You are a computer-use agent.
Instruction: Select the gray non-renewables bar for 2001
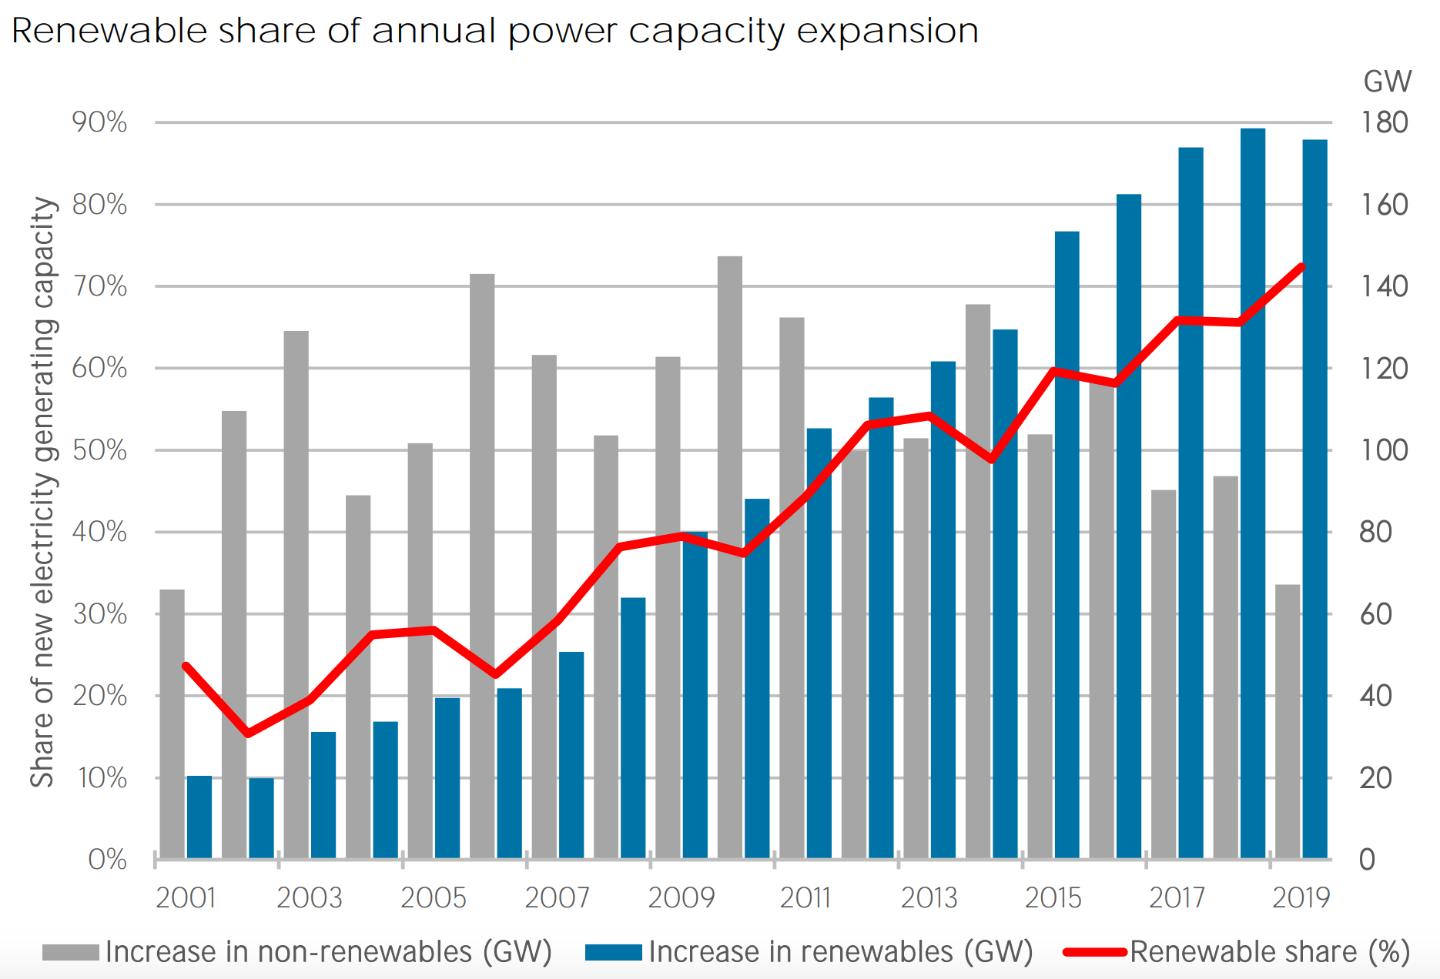point(172,723)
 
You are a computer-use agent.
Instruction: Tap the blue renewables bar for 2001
point(199,817)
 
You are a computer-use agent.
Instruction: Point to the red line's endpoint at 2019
point(1301,267)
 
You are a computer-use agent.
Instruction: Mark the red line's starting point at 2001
point(186,666)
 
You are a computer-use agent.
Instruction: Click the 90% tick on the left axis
point(99,122)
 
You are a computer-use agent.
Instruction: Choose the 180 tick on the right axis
point(1384,122)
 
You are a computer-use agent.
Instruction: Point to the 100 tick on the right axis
point(1384,450)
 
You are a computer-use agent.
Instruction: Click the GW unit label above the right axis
point(1387,82)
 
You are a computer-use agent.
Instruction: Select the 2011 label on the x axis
point(805,897)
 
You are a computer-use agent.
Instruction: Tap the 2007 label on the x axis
point(557,897)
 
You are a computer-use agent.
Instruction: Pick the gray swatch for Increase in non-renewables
point(71,952)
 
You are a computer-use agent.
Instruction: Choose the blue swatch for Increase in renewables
point(614,952)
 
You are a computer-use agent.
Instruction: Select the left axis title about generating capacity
point(44,493)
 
